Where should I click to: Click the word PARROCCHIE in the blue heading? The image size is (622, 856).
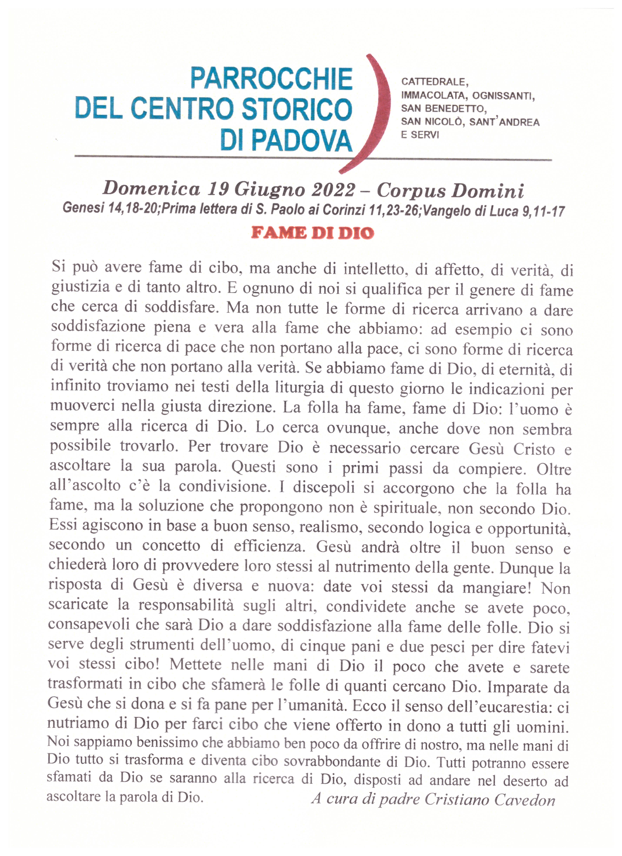click(271, 79)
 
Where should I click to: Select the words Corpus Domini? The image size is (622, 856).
click(450, 191)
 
